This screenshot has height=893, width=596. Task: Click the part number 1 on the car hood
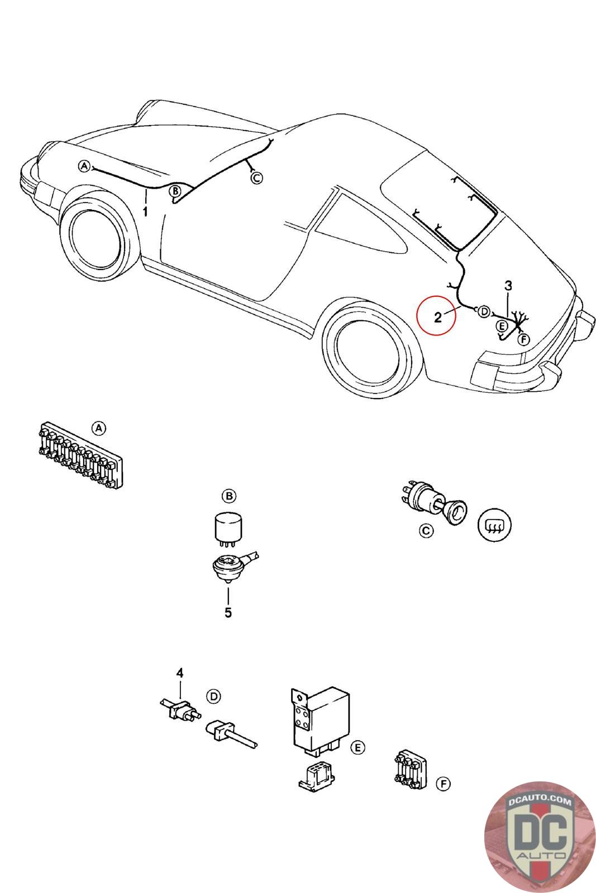(145, 212)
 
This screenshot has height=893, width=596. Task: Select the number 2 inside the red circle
(438, 318)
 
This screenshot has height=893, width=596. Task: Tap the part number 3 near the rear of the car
(508, 286)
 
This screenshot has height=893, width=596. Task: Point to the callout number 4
(180, 673)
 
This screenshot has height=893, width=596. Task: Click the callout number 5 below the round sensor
(228, 612)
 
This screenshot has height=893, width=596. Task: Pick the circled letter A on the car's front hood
(84, 166)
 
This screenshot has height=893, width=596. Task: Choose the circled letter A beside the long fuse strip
(98, 428)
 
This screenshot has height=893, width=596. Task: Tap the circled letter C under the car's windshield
(256, 178)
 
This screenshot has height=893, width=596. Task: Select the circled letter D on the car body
(484, 311)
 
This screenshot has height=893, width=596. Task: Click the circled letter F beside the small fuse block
(443, 784)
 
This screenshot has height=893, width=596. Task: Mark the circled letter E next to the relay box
(358, 747)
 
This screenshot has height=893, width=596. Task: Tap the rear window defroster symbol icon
(494, 525)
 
